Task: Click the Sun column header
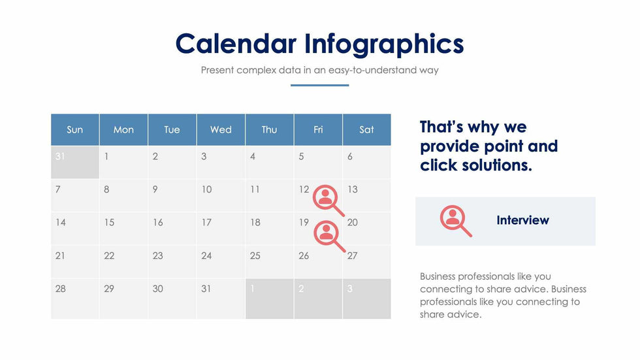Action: (x=74, y=130)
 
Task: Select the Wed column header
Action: (x=221, y=130)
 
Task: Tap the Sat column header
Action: (x=366, y=130)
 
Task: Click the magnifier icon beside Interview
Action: (x=456, y=221)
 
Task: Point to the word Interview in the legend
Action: (x=522, y=220)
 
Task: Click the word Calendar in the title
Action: (x=236, y=44)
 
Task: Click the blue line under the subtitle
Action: (x=319, y=86)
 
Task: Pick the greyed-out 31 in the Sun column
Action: (x=60, y=156)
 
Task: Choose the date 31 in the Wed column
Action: (x=206, y=289)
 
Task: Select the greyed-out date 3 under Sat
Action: (x=350, y=289)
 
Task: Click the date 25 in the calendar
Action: (x=255, y=255)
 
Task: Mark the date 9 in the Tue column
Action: (x=155, y=189)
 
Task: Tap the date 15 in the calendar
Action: (x=109, y=222)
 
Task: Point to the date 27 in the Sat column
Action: (x=352, y=255)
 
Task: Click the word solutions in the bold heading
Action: (x=497, y=165)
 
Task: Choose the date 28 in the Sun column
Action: (x=60, y=289)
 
